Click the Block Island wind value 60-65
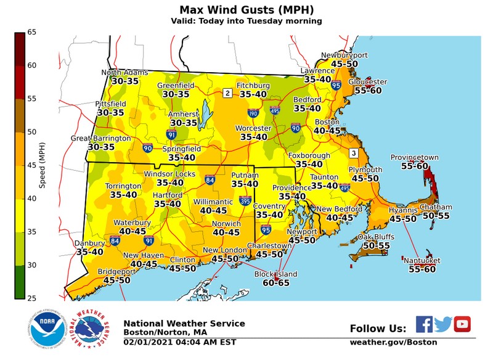point(275,283)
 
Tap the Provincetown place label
point(415,158)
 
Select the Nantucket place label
point(422,261)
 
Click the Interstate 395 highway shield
point(246,201)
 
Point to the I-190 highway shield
point(253,113)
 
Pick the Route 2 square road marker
point(227,93)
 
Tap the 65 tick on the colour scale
point(31,32)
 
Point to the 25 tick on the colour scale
point(31,298)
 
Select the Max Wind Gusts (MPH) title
point(246,10)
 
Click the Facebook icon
point(424,324)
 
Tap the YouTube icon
point(462,324)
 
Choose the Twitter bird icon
point(443,324)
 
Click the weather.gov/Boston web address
point(393,342)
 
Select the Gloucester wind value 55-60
point(368,91)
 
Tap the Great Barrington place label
point(100,138)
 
